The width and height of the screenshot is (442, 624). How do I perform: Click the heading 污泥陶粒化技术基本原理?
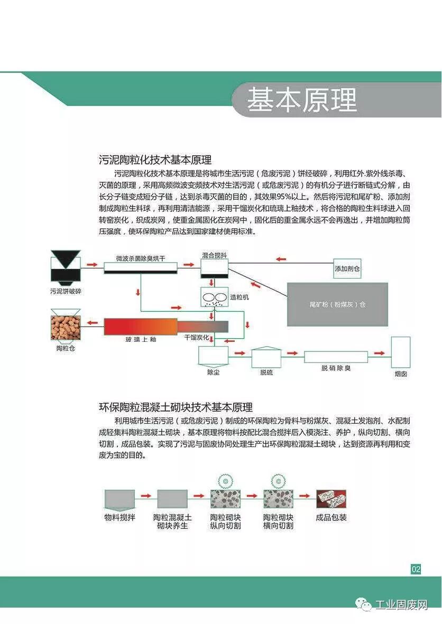[155, 160]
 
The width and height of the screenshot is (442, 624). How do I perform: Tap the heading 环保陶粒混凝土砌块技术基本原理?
[176, 407]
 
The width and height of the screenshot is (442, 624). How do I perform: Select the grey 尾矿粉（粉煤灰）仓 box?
[337, 304]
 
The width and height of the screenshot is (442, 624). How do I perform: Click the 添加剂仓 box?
[347, 268]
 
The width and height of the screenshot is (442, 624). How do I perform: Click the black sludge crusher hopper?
[66, 266]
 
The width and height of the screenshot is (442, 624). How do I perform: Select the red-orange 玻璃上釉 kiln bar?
[140, 327]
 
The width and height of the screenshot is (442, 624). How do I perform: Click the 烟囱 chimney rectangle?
[400, 352]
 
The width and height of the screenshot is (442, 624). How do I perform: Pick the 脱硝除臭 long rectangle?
[336, 357]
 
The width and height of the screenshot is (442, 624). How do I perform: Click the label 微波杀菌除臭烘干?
[141, 258]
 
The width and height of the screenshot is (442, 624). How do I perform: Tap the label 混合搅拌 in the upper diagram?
[214, 255]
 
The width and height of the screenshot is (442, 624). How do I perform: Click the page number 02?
[416, 569]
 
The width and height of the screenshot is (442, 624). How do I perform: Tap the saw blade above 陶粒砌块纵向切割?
[225, 481]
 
